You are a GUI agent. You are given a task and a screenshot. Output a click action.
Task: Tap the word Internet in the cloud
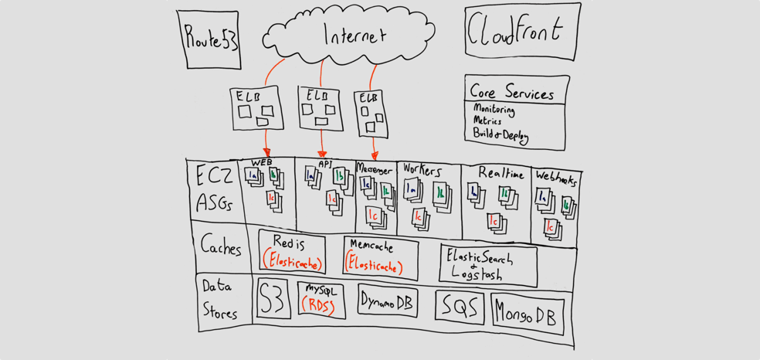pos(355,36)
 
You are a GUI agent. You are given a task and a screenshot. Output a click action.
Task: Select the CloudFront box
pos(522,31)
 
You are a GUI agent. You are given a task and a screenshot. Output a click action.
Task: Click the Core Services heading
pos(511,93)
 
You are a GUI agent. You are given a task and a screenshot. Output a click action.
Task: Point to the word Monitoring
pos(494,110)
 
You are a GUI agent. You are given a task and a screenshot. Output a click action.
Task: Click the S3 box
pos(273,299)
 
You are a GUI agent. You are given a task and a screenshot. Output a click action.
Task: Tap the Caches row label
pos(220,246)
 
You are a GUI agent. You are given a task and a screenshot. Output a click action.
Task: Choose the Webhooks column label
pos(556,178)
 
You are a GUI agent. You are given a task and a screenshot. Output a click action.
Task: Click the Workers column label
pos(422,171)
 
